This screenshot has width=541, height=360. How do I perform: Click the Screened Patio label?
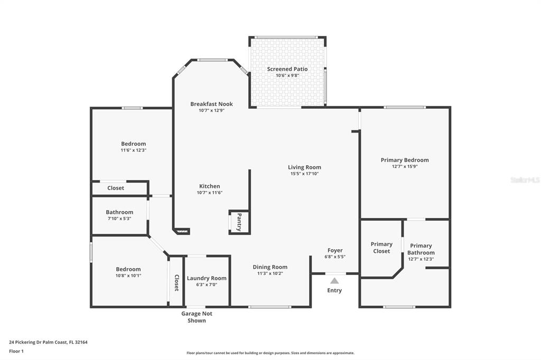pyautogui.click(x=287, y=69)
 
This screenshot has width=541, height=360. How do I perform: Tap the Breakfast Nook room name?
pyautogui.click(x=211, y=104)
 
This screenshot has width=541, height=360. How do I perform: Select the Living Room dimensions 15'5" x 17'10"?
pyautogui.click(x=304, y=174)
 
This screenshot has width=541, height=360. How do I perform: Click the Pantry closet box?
pyautogui.click(x=239, y=222)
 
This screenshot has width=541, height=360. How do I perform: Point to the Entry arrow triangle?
pyautogui.click(x=334, y=281)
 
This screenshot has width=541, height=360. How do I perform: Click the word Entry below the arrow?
pyautogui.click(x=334, y=290)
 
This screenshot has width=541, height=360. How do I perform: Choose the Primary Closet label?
pyautogui.click(x=381, y=248)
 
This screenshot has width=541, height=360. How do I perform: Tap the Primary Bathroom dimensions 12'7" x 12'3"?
pyautogui.click(x=421, y=259)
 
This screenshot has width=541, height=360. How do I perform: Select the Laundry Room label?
pyautogui.click(x=207, y=278)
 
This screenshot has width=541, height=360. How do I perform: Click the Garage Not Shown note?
pyautogui.click(x=197, y=317)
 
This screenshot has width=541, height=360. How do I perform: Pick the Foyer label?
pyautogui.click(x=335, y=250)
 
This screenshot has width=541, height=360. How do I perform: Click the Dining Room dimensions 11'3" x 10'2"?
pyautogui.click(x=270, y=273)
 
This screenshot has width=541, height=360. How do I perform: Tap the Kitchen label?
pyautogui.click(x=209, y=186)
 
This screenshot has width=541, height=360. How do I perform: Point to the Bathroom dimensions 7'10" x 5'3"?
pyautogui.click(x=119, y=219)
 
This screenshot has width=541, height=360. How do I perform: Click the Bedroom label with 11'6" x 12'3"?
pyautogui.click(x=134, y=144)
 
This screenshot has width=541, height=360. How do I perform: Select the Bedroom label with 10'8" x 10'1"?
pyautogui.click(x=128, y=269)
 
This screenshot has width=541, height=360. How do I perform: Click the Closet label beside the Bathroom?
pyautogui.click(x=116, y=188)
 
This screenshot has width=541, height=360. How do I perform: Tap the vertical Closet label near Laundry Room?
pyautogui.click(x=176, y=283)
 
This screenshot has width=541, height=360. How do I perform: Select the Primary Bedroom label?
pyautogui.click(x=405, y=160)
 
